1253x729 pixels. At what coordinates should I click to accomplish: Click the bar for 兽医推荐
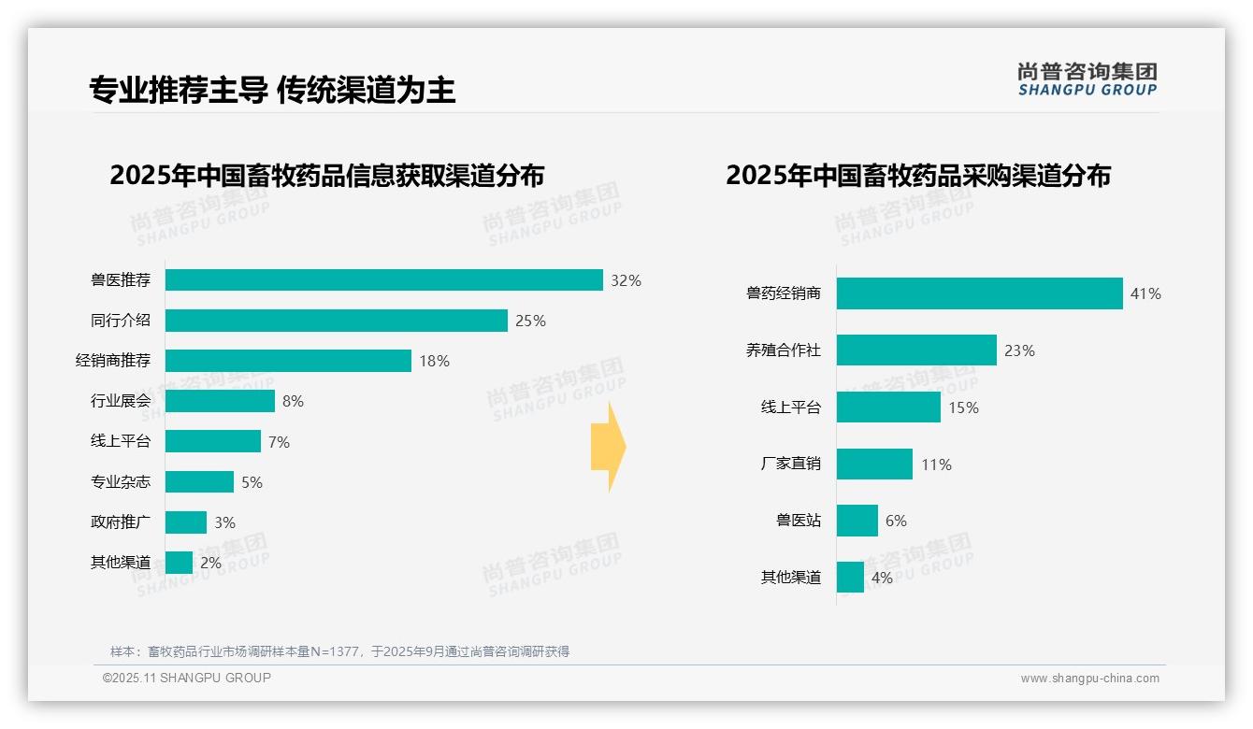click(x=383, y=280)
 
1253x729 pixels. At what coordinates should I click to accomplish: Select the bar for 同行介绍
click(x=336, y=321)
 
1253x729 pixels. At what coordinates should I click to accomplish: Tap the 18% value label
click(x=434, y=361)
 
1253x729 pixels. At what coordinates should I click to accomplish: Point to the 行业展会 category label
click(x=120, y=401)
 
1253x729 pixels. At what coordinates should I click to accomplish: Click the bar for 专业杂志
click(x=199, y=481)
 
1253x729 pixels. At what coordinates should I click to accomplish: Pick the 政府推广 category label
click(x=120, y=522)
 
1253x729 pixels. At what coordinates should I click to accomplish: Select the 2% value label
click(x=210, y=563)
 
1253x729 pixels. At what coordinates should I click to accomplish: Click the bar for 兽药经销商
click(x=979, y=293)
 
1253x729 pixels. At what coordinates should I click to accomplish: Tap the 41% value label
click(x=1145, y=293)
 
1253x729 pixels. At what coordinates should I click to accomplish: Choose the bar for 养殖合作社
click(x=916, y=350)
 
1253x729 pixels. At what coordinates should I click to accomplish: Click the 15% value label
click(x=963, y=407)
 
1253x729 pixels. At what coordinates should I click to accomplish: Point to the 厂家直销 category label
click(x=790, y=464)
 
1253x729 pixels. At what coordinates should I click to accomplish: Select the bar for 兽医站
click(x=857, y=521)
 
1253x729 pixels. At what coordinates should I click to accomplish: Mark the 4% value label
click(x=882, y=578)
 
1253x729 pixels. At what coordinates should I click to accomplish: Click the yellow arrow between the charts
click(x=609, y=447)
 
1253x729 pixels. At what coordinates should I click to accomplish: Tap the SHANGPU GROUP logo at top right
click(x=1087, y=79)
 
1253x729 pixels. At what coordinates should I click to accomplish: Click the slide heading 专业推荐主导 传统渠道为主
click(x=272, y=90)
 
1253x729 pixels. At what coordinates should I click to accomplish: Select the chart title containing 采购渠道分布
click(x=917, y=176)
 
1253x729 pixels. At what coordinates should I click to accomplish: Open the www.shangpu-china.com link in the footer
click(x=1089, y=679)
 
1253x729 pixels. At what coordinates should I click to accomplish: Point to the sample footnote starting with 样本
click(x=339, y=651)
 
